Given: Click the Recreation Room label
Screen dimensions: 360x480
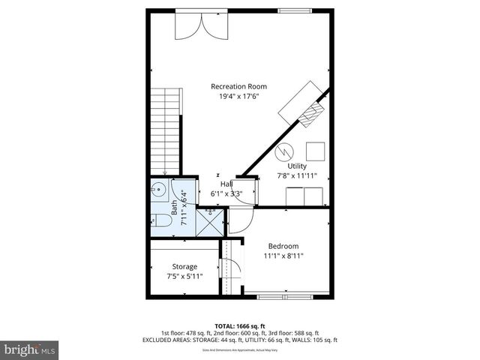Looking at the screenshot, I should [238, 86].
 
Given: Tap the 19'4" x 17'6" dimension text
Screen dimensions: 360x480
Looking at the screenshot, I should [238, 97].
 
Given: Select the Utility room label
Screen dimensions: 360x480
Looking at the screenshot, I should [298, 166].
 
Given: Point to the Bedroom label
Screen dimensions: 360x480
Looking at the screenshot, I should [283, 246].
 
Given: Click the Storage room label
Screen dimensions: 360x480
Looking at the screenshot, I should [184, 266].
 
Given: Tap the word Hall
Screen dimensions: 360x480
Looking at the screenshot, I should [226, 184].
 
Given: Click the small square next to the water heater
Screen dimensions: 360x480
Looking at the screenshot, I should [315, 151].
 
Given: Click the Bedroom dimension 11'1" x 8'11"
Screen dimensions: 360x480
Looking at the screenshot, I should [283, 256].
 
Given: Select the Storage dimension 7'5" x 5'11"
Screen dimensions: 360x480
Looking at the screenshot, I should [184, 277].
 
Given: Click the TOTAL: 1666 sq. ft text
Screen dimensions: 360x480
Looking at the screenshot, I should [239, 325].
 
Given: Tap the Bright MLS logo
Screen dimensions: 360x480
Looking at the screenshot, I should [29, 349].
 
